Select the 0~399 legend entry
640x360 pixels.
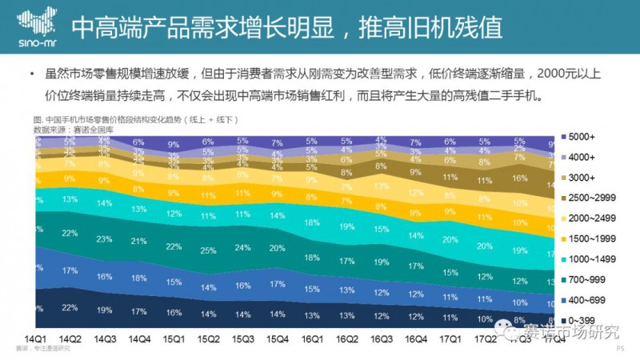click(588, 319)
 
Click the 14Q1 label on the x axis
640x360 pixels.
click(35, 338)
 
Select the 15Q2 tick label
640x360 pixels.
click(208, 338)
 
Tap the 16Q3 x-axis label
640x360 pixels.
click(382, 338)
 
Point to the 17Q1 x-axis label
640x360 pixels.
click(451, 338)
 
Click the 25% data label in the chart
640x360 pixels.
click(208, 250)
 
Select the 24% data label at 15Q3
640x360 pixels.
click(243, 247)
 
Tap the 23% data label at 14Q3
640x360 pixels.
click(104, 238)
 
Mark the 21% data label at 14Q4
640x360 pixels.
click(139, 241)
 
